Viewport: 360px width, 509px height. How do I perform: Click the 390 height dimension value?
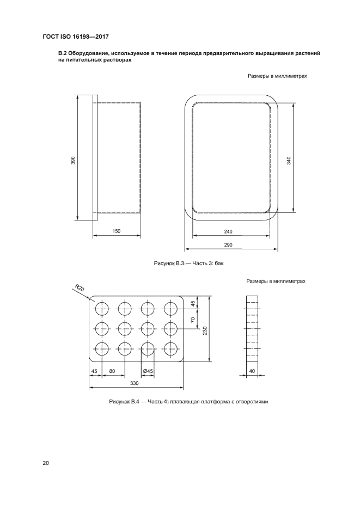click(73, 161)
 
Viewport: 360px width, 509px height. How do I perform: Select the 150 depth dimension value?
click(117, 231)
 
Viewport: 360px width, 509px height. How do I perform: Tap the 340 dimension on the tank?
click(289, 161)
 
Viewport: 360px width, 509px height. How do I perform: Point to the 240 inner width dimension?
click(228, 232)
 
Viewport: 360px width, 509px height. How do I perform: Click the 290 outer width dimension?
click(228, 245)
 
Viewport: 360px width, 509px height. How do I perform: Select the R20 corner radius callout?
click(79, 288)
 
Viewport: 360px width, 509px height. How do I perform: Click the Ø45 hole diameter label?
click(148, 371)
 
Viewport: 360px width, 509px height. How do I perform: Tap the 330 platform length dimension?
click(135, 383)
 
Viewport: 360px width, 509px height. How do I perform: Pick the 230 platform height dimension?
click(205, 330)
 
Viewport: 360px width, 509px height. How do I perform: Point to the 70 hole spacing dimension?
click(193, 320)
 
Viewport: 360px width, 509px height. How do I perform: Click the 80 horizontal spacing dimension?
click(112, 371)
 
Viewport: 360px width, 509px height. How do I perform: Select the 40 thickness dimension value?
click(252, 371)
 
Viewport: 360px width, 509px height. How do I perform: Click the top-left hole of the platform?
click(102, 308)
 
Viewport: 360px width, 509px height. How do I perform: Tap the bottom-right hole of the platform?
click(170, 348)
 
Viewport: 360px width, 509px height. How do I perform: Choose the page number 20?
click(45, 463)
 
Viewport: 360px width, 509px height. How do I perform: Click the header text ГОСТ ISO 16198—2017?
click(76, 37)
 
